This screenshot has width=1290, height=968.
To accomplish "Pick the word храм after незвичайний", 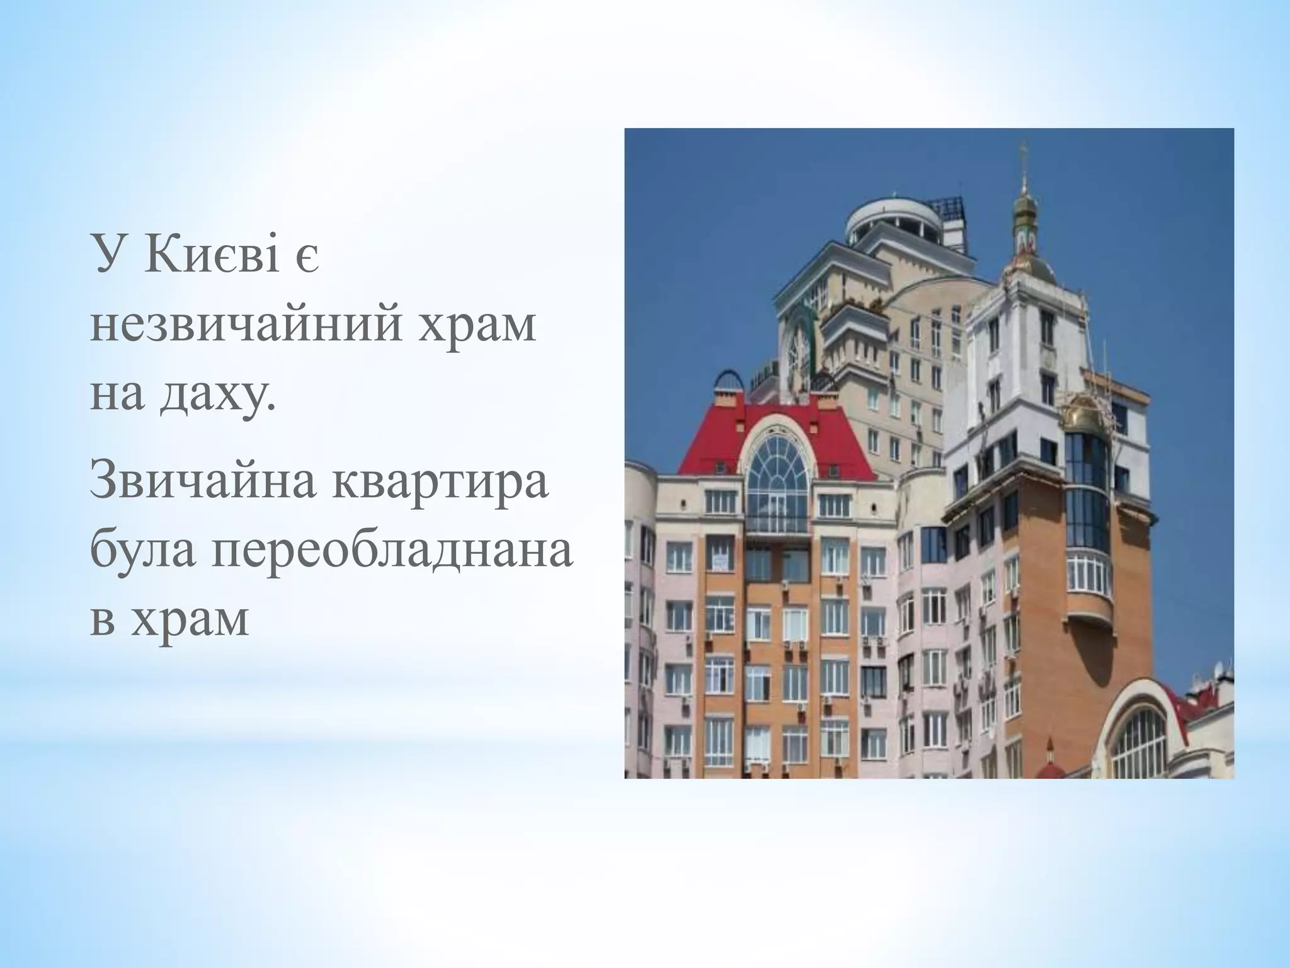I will (x=479, y=326).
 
